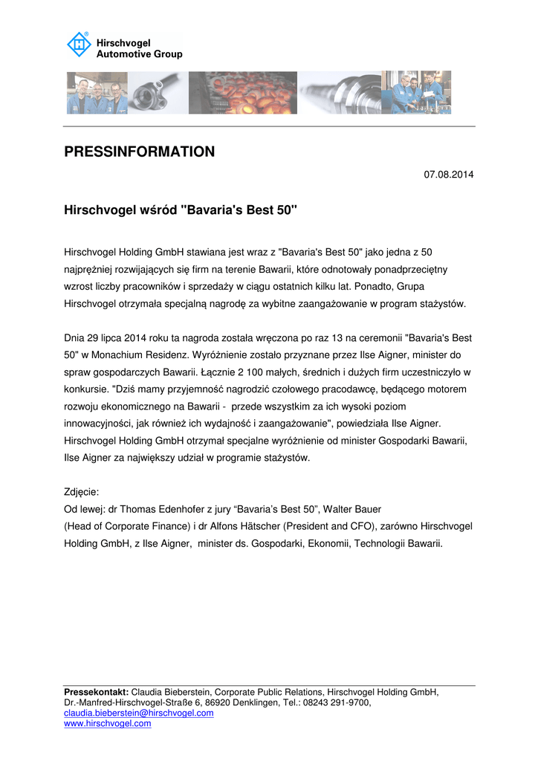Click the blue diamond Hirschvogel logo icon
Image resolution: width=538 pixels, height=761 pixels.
[x=78, y=45]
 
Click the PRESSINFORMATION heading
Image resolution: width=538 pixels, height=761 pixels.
[x=139, y=152]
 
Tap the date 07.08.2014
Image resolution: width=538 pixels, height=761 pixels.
[x=448, y=175]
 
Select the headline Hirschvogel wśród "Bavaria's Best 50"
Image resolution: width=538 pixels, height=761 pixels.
[x=181, y=210]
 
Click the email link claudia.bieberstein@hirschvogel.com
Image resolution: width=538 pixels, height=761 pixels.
[x=139, y=713]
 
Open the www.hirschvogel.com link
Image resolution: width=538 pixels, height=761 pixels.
[x=108, y=723]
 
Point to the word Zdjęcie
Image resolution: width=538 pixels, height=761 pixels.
[x=82, y=492]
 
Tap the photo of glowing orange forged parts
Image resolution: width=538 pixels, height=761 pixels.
[x=243, y=93]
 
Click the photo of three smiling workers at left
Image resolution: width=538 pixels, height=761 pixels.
[x=97, y=93]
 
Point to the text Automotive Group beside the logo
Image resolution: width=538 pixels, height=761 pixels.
[x=139, y=54]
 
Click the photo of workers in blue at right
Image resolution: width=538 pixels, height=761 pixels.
[x=416, y=93]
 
